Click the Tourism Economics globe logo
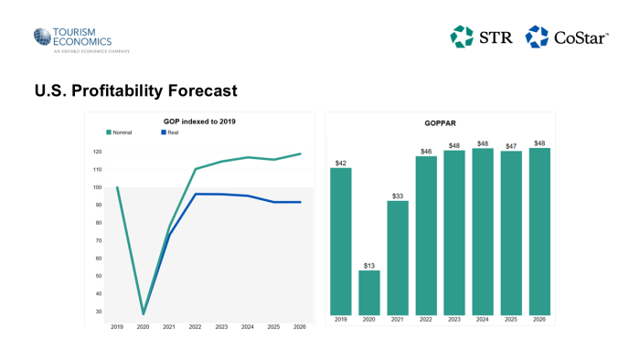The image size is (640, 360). [42, 37]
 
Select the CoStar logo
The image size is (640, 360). [567, 37]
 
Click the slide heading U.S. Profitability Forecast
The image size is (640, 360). [135, 91]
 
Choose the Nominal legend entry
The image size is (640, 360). [121, 132]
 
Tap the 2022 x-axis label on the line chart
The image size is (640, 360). [196, 326]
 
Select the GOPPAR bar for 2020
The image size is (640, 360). [368, 292]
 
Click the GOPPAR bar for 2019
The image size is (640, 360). [341, 241]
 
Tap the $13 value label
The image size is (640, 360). [368, 266]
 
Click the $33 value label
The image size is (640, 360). [398, 196]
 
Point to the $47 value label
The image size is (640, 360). [512, 146]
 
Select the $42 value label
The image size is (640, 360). [341, 163]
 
